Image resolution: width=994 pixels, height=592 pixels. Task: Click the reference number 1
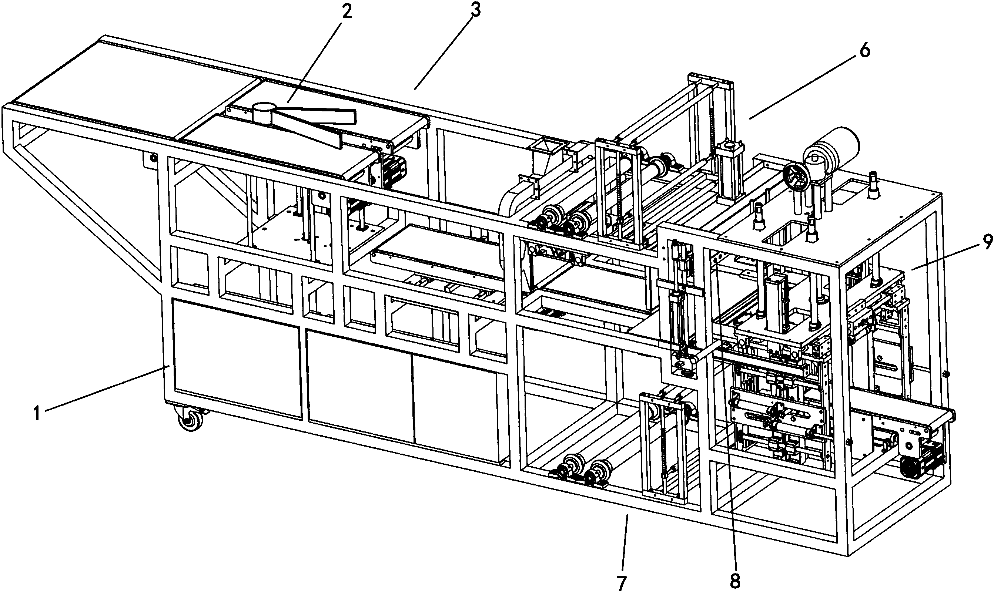point(37,413)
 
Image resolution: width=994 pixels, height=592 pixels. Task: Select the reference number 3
point(475,11)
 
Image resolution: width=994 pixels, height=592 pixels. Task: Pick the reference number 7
point(622,582)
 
